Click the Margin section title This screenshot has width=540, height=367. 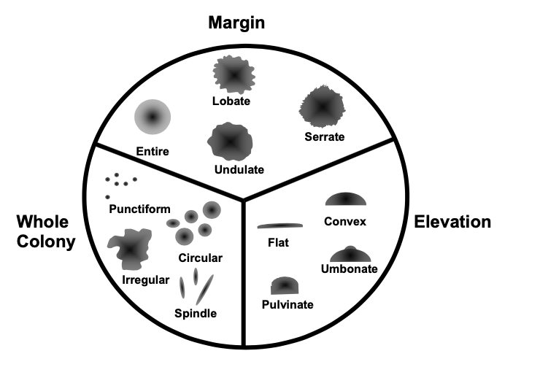coord(236,23)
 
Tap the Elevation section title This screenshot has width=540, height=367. coord(452,222)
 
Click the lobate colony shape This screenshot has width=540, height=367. coord(232,75)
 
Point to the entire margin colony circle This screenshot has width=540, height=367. coord(153,117)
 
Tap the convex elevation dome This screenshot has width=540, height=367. coord(346,199)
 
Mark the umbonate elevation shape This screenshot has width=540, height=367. coord(353,254)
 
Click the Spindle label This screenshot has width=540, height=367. coord(196,314)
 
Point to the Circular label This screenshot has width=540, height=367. coord(200,258)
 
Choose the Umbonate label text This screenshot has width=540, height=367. coord(349,269)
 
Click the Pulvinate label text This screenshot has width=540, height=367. coord(287,304)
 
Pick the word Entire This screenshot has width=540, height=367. coord(152,152)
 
